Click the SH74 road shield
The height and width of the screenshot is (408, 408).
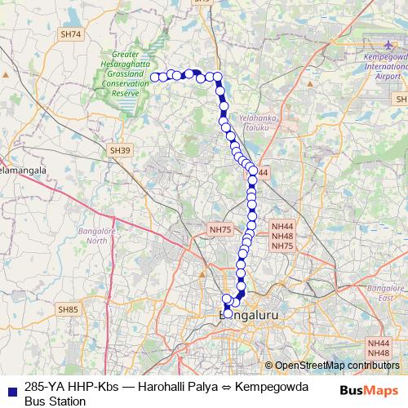(71, 34)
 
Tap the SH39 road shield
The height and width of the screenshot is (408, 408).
(120, 150)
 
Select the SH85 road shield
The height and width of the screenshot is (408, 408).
(68, 309)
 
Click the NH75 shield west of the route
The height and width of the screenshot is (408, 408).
(220, 231)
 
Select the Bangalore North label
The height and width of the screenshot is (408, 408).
(97, 236)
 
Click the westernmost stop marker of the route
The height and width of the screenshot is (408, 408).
(155, 78)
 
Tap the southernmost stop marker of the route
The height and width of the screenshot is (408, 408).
(228, 313)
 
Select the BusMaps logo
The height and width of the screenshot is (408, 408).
(369, 390)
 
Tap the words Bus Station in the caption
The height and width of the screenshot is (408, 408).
(55, 401)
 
